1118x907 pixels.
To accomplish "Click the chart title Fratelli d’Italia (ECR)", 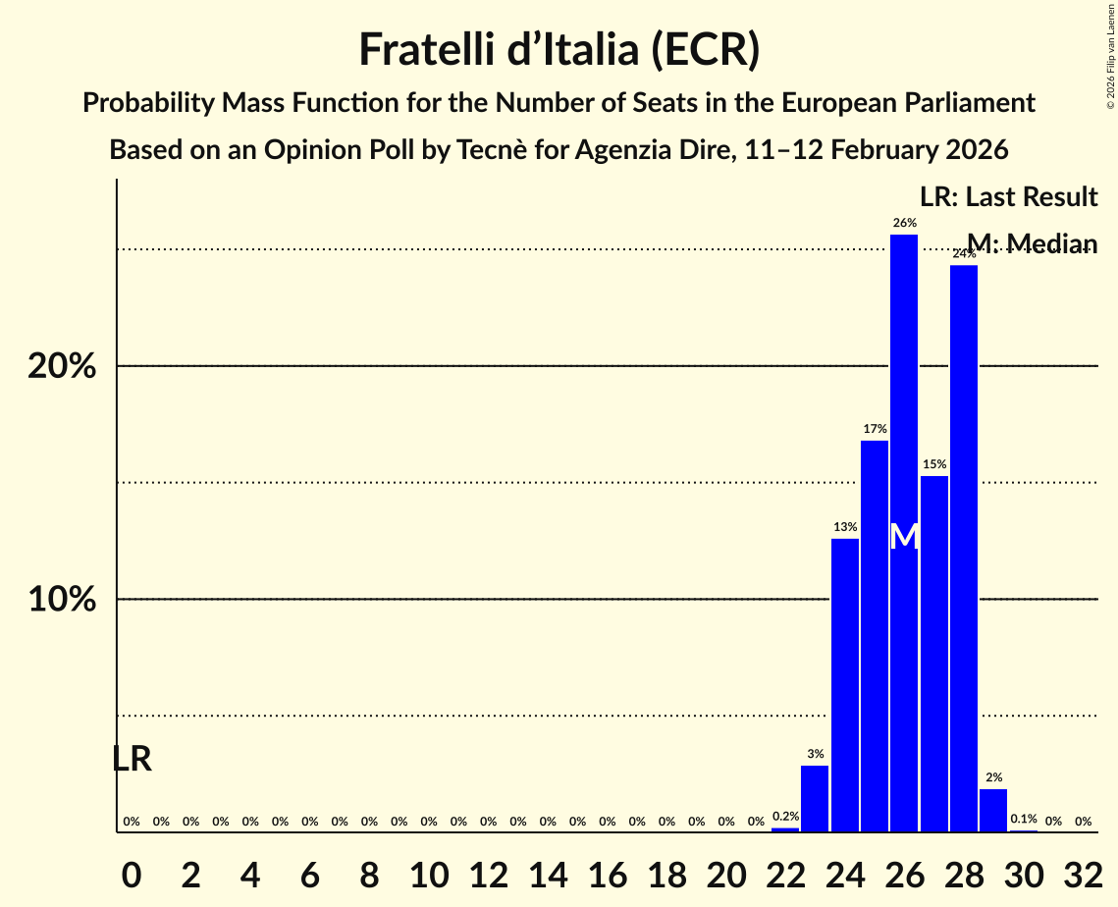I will click(559, 49).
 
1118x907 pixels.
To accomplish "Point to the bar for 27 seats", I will click(934, 653).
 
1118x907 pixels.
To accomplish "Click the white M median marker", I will click(904, 537).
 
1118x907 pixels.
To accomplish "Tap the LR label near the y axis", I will click(132, 759).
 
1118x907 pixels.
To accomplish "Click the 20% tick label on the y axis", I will click(62, 366).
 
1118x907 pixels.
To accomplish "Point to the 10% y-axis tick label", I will click(62, 600).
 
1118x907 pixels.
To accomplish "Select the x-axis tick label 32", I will click(1083, 871).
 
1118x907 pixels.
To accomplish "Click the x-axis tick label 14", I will click(548, 871).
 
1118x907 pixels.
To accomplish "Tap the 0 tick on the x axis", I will click(132, 871).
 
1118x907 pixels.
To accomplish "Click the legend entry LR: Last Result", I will click(1008, 197).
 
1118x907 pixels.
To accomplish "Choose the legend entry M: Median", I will click(1032, 243).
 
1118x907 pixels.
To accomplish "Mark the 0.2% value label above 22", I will click(785, 816).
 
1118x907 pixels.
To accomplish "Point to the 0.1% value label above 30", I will click(1024, 819).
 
